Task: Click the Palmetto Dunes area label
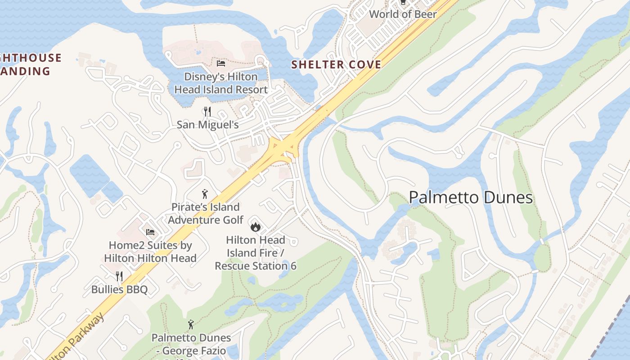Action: click(471, 198)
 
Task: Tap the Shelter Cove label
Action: click(336, 64)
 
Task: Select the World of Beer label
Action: click(403, 14)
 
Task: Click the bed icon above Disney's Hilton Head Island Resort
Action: click(220, 63)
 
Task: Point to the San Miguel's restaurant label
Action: click(207, 124)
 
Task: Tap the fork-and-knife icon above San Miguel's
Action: click(207, 111)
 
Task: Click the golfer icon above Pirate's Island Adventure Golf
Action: click(205, 194)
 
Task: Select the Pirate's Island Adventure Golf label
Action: click(205, 213)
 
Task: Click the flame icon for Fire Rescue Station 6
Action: click(256, 226)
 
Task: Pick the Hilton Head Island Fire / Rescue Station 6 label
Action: click(256, 253)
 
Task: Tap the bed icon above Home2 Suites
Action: click(150, 232)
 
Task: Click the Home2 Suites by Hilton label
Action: click(150, 252)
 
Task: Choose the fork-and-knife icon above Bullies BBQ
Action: click(119, 276)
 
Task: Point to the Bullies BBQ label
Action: click(119, 289)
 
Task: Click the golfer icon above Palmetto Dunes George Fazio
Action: click(191, 324)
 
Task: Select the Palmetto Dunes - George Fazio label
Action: click(191, 344)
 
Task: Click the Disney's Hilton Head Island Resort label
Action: click(220, 83)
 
